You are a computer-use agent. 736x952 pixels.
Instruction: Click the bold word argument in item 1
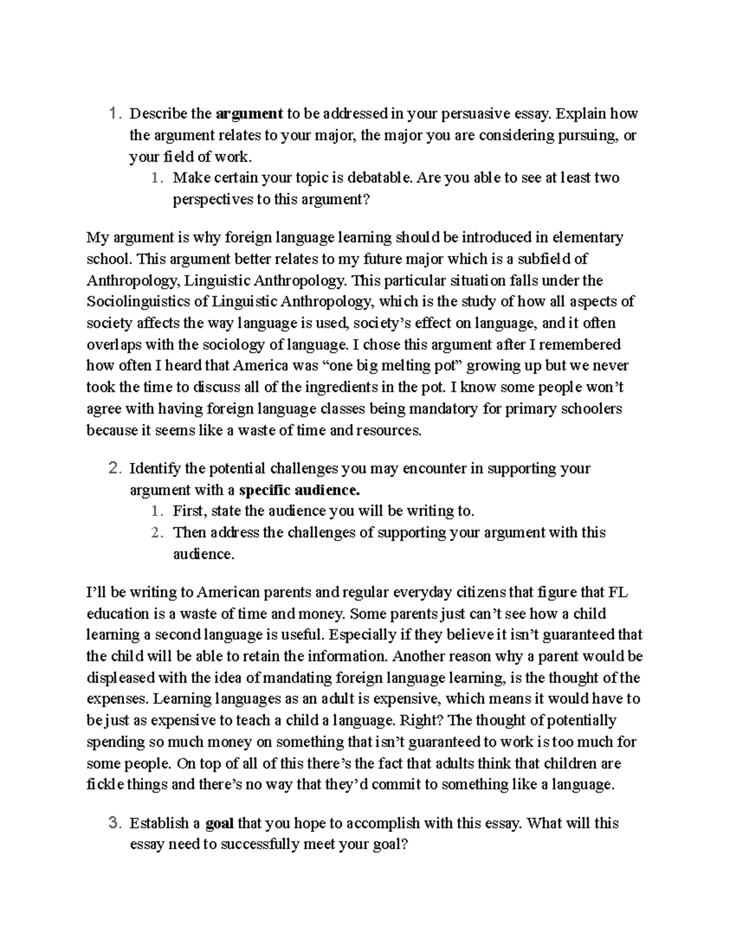point(249,114)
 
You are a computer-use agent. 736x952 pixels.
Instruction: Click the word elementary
point(588,237)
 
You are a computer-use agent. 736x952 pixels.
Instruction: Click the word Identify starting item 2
point(155,469)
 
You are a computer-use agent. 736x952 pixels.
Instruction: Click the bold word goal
point(219,823)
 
